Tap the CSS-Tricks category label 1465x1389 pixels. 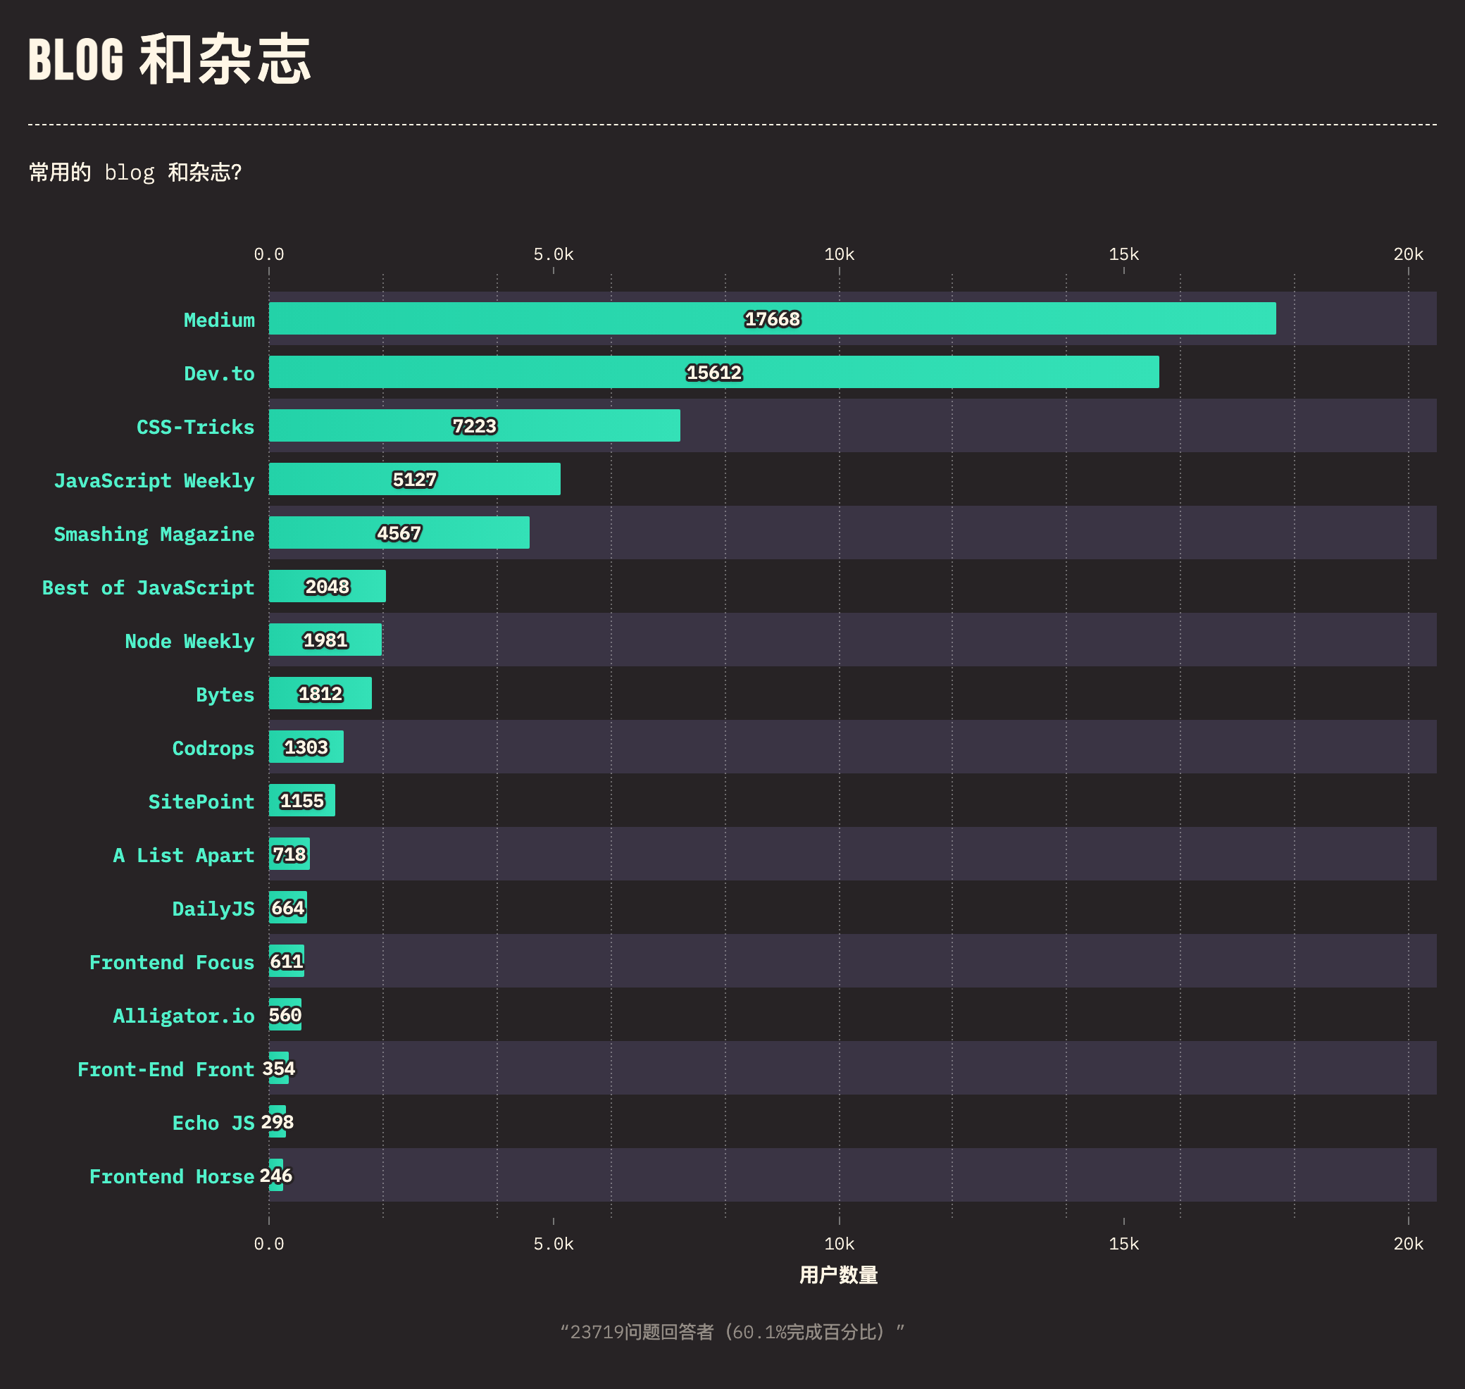tap(195, 428)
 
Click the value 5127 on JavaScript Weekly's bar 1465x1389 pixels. tap(414, 480)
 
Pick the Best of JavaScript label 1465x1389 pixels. tap(148, 588)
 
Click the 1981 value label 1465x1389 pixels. tap(325, 640)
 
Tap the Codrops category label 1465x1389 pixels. tap(213, 749)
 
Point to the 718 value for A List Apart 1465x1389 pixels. tap(289, 854)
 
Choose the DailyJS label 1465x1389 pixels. tap(213, 909)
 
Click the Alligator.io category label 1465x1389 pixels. tap(184, 1016)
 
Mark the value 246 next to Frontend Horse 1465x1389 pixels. tap(276, 1176)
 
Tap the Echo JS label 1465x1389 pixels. tap(213, 1123)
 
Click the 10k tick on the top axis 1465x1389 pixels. tap(839, 255)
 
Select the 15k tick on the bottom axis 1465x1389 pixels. tap(1123, 1244)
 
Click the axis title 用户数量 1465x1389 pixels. tap(838, 1275)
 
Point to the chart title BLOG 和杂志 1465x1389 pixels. tap(170, 59)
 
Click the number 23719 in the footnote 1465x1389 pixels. tap(597, 1333)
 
